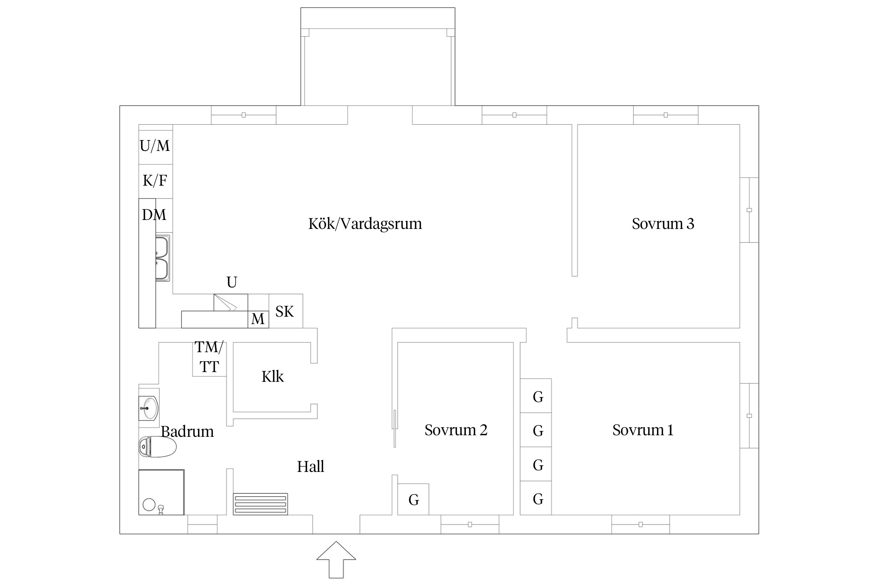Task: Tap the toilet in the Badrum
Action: tap(157, 447)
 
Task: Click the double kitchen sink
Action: tap(162, 258)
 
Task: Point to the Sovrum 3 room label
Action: tap(663, 224)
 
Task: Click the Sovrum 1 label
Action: tap(642, 430)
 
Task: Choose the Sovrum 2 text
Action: tap(456, 430)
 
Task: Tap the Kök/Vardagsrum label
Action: tap(365, 224)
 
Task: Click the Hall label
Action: tap(310, 466)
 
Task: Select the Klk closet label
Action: tap(272, 377)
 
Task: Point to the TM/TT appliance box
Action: tap(209, 357)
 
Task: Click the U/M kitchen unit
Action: tap(155, 146)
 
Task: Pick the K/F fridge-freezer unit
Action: tap(155, 181)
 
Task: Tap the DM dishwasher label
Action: tap(154, 215)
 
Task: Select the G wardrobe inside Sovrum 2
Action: tap(413, 500)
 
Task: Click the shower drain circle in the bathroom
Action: tap(149, 504)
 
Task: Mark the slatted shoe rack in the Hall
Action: tap(260, 504)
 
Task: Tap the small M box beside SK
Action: tap(258, 319)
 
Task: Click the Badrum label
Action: tap(187, 432)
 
